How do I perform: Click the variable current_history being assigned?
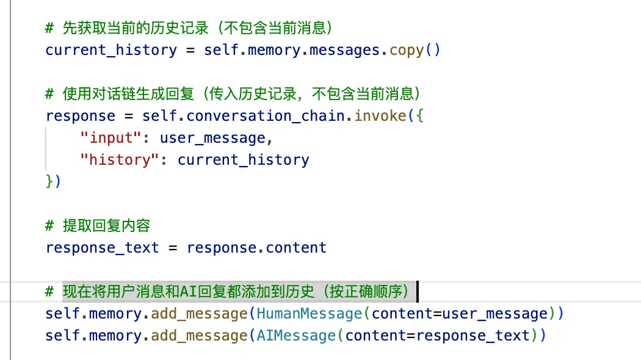click(111, 50)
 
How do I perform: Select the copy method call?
click(407, 50)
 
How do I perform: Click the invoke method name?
click(380, 116)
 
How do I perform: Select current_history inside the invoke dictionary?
click(244, 160)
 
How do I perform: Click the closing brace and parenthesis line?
click(54, 182)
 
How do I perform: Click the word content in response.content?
click(296, 248)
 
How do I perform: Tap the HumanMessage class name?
click(310, 314)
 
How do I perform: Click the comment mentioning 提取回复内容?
click(106, 226)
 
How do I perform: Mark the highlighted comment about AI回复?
click(238, 292)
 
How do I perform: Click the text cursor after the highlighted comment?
click(418, 292)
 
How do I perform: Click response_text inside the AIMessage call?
click(473, 336)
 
